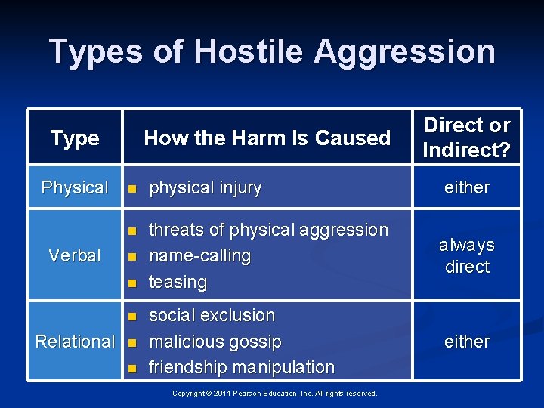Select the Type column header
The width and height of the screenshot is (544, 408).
pos(75,138)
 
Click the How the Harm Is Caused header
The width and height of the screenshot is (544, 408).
pos(267,138)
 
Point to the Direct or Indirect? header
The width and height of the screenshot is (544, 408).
pos(466,137)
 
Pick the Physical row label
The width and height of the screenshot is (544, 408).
pos(75,187)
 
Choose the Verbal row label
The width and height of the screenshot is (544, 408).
pos(75,255)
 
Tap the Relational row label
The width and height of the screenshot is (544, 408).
pos(75,342)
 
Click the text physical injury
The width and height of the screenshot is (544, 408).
pos(205,188)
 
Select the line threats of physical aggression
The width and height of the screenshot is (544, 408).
pos(268,230)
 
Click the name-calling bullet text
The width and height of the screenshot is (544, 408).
pos(199,255)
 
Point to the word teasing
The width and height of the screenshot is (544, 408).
pos(178,282)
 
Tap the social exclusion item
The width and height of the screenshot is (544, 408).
pos(212,315)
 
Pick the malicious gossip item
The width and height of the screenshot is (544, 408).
pos(215,342)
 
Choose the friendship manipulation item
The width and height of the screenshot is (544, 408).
pos(241,367)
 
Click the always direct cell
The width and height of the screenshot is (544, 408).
pos(466,255)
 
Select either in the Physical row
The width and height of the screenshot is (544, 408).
pos(466,187)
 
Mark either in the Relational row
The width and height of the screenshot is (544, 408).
pos(466,342)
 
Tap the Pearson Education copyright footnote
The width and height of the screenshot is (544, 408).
pos(275,393)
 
